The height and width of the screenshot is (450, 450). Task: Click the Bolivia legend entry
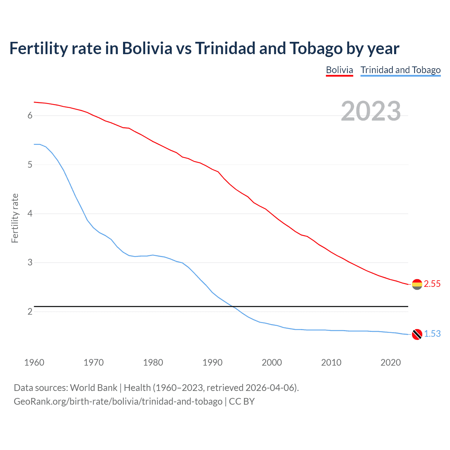coord(339,70)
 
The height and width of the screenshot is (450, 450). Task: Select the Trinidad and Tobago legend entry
coord(400,70)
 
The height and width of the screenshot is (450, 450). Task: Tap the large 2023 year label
coord(371,111)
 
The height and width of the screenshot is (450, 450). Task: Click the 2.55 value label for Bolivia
coord(432,284)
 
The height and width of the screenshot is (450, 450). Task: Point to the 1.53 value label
coord(432,334)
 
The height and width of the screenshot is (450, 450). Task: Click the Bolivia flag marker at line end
coord(417,284)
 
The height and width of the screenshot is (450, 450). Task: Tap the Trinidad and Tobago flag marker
coord(417,334)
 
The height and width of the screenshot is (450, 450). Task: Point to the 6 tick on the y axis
coord(30,116)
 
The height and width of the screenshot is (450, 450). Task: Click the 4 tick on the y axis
coord(30,213)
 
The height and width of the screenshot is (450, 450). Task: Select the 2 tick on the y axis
coord(30,311)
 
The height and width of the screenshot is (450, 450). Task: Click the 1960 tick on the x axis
coord(34,362)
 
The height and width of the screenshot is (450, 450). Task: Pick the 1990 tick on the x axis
coord(212,362)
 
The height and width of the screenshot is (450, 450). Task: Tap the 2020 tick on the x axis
coord(391,362)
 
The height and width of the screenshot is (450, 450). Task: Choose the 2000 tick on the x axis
coord(272,362)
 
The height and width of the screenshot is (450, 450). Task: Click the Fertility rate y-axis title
coord(15,218)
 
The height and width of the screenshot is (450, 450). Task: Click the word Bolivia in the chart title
coord(147,49)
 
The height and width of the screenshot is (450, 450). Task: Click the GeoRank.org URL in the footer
coord(118,401)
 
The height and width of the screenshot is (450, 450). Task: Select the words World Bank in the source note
coord(94,388)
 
